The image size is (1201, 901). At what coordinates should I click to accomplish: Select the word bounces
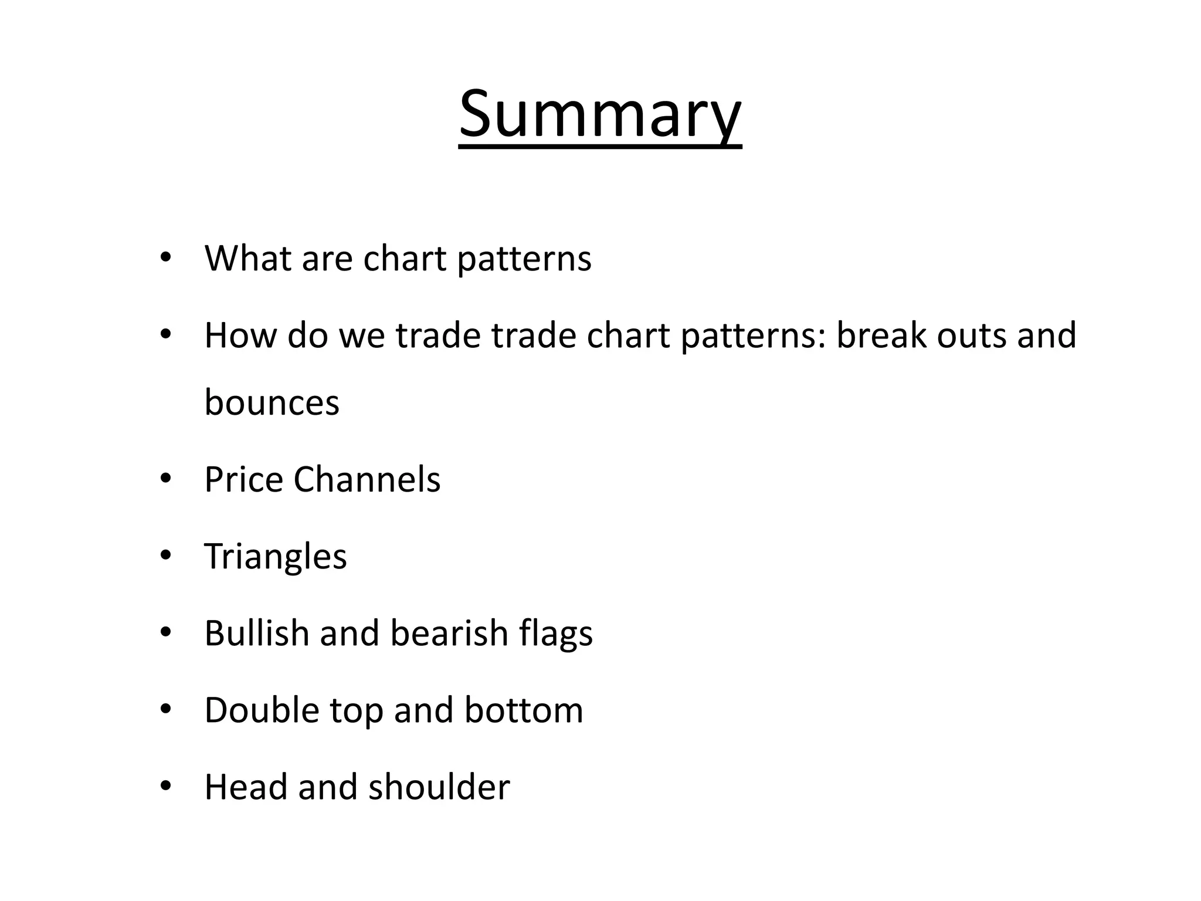point(272,403)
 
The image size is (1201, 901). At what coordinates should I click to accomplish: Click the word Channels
point(367,479)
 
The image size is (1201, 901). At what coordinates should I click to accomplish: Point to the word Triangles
point(275,557)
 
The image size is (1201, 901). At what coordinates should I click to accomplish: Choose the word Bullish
point(256,634)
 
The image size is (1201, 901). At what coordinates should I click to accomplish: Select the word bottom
point(524,710)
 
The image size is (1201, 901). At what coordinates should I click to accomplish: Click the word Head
point(246,787)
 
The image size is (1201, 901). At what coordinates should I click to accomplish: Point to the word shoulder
point(439,787)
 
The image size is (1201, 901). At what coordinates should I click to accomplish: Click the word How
point(240,336)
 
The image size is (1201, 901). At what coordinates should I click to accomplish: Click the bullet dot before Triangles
point(165,555)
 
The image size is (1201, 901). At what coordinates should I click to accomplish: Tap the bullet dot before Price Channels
point(165,479)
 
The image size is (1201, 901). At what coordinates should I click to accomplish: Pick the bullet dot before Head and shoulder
point(165,786)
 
